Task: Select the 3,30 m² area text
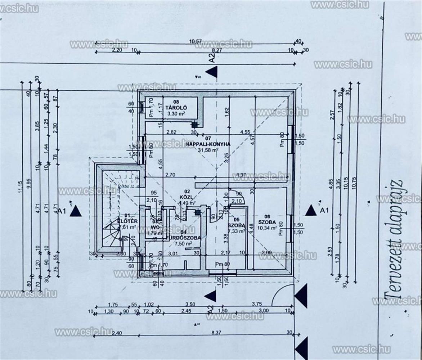point(175,114)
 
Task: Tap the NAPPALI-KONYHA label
point(208,144)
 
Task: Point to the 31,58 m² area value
point(208,150)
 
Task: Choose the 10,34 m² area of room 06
point(266,228)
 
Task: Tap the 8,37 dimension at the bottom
point(216,333)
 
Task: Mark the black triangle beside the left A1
point(76,211)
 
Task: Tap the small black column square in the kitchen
point(194,125)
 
